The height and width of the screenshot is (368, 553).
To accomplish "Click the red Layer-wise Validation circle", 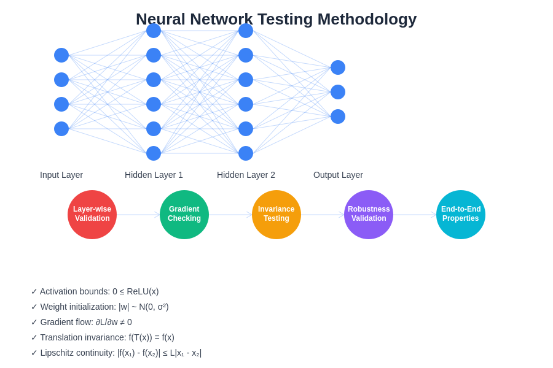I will [92, 215].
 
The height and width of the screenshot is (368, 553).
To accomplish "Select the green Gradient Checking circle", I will [184, 215].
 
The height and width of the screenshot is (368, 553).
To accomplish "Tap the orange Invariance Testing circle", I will [276, 215].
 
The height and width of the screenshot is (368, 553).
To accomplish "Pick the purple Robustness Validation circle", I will [369, 215].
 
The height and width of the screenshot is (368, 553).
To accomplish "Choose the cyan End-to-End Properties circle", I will [461, 215].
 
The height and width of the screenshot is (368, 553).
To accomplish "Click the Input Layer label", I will [61, 175].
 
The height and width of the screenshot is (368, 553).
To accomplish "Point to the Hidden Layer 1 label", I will [154, 175].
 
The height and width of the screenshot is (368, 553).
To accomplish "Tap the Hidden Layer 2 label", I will [246, 175].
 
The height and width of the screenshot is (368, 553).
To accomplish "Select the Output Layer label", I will [338, 175].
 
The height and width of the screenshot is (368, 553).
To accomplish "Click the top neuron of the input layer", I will [61, 55].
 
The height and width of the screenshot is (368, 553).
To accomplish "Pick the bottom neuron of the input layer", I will [61, 129].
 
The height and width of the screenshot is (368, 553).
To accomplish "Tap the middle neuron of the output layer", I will [338, 92].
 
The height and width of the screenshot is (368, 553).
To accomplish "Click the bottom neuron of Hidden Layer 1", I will [154, 153].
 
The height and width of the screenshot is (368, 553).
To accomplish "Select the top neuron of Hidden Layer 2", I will [246, 31].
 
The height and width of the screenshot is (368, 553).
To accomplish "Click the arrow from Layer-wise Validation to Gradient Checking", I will [138, 215].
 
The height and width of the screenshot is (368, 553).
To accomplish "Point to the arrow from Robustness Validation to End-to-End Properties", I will [415, 215].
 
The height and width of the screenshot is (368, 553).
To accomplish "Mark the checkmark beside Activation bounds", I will [34, 291].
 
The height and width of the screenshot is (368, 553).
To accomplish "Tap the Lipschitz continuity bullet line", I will [116, 353].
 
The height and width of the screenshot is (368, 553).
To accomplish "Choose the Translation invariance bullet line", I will [103, 337].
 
